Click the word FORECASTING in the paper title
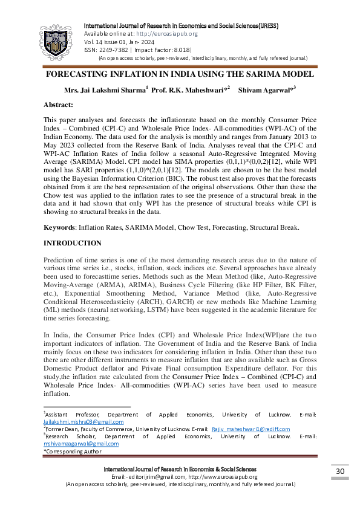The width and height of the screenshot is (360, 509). click(x=76, y=74)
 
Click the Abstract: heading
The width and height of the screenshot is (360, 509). click(x=59, y=105)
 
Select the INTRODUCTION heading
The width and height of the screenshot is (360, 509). click(x=72, y=243)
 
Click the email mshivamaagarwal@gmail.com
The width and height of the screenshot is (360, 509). click(x=81, y=443)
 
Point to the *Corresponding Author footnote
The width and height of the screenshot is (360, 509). click(x=72, y=451)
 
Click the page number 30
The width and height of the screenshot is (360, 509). click(x=339, y=471)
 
